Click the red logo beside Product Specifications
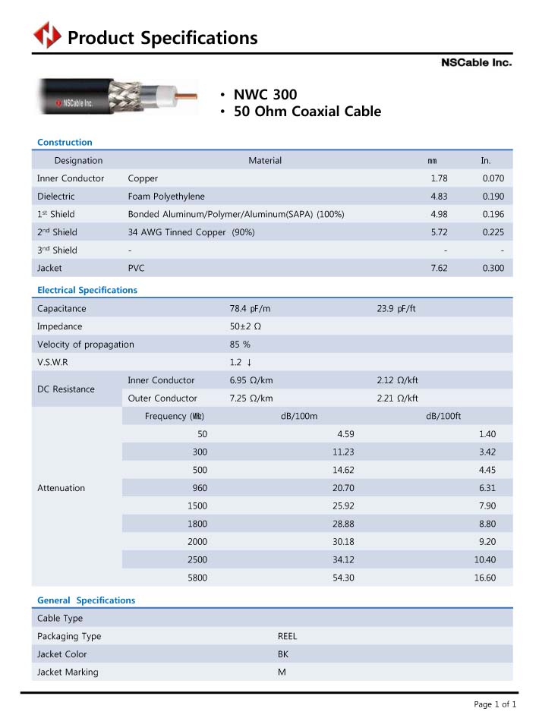click(47, 36)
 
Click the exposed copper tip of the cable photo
click(189, 96)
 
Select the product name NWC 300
click(265, 95)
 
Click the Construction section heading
click(65, 142)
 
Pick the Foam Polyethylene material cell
click(166, 197)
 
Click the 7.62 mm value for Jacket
click(439, 268)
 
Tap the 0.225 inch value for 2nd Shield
click(493, 232)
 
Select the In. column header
click(486, 161)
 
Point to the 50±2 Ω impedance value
click(245, 326)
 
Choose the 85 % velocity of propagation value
click(240, 345)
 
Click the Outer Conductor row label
click(162, 398)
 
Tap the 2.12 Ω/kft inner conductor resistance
click(397, 380)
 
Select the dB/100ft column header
click(443, 416)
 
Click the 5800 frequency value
click(197, 578)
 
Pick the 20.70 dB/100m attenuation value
click(343, 488)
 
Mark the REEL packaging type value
click(287, 637)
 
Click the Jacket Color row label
click(62, 654)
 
